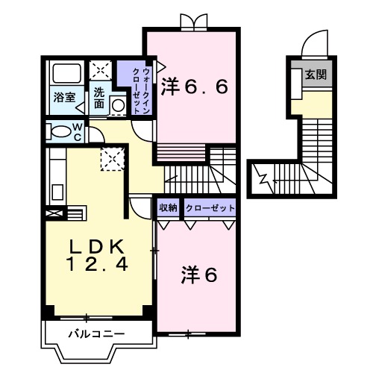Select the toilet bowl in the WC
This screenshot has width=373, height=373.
59,132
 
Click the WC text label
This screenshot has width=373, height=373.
77,131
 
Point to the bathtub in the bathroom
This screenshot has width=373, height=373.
66,75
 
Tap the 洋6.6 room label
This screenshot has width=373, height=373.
195,86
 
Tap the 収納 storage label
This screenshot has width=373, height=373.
168,208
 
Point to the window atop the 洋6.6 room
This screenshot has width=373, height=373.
193,23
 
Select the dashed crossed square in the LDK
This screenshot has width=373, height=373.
114,158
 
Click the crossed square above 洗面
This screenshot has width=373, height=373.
98,72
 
